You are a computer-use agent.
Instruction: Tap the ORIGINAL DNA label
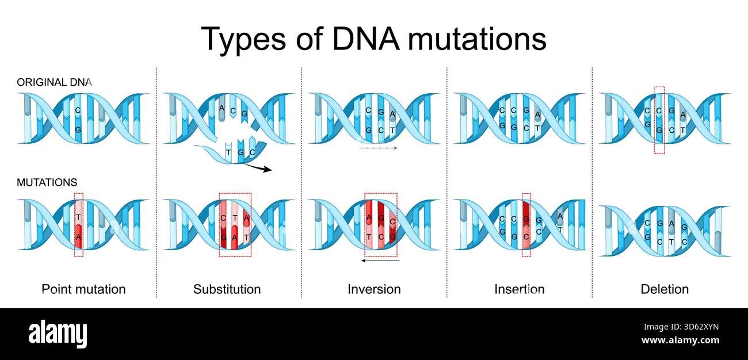(x=54, y=82)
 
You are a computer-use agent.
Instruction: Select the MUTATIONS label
(x=47, y=182)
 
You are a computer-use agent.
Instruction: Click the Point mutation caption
(x=84, y=289)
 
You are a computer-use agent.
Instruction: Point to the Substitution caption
(x=227, y=289)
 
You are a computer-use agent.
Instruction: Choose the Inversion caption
(x=374, y=289)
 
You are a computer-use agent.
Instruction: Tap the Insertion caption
(x=519, y=289)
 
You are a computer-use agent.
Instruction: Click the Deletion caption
(x=665, y=289)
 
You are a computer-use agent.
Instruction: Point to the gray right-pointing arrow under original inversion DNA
(x=378, y=148)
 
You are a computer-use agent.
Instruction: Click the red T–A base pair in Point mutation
(x=78, y=225)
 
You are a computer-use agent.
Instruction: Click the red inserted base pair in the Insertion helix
(x=526, y=225)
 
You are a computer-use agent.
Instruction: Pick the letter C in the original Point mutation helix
(x=78, y=109)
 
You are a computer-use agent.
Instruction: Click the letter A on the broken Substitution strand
(x=222, y=108)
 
